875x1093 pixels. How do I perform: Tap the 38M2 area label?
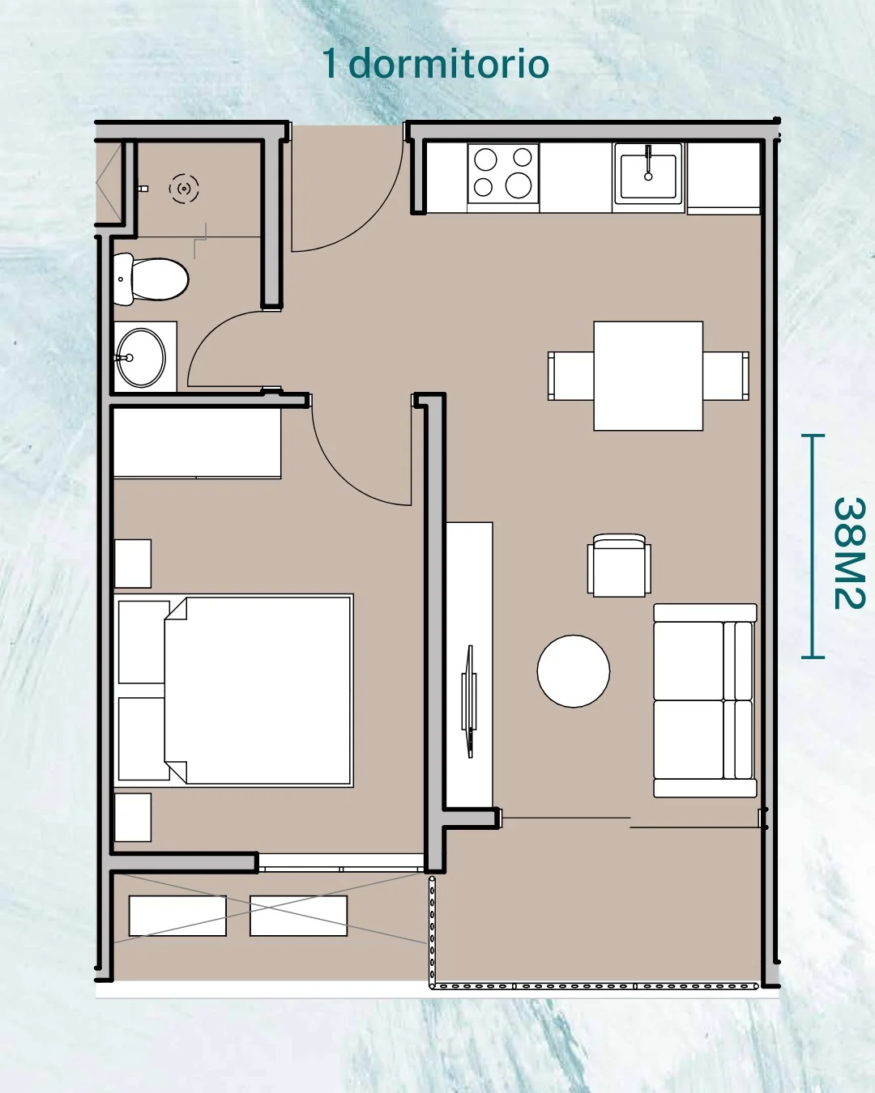[x=849, y=553]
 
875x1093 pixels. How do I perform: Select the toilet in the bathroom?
[x=151, y=279]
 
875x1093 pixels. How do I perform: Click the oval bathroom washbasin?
[x=141, y=358]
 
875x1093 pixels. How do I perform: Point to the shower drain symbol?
[x=184, y=189]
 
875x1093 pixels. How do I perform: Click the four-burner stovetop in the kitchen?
[x=503, y=173]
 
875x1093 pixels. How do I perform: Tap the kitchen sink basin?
[x=648, y=174]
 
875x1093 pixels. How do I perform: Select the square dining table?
[x=648, y=376]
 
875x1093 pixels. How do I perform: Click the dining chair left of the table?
[x=570, y=376]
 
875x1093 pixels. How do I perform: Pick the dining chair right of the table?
[x=726, y=376]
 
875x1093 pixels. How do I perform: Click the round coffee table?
[x=574, y=671]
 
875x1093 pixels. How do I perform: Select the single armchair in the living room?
[x=619, y=565]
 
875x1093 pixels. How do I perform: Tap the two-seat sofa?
[x=705, y=700]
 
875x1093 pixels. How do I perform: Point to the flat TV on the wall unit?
[x=469, y=701]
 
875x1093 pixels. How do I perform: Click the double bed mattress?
[x=258, y=691]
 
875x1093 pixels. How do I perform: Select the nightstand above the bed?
[x=133, y=564]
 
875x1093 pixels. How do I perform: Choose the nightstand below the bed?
[x=133, y=818]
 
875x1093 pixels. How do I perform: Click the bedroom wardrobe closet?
[x=197, y=442]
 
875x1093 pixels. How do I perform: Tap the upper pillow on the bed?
[x=144, y=643]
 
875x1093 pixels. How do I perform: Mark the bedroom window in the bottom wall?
[x=340, y=862]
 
